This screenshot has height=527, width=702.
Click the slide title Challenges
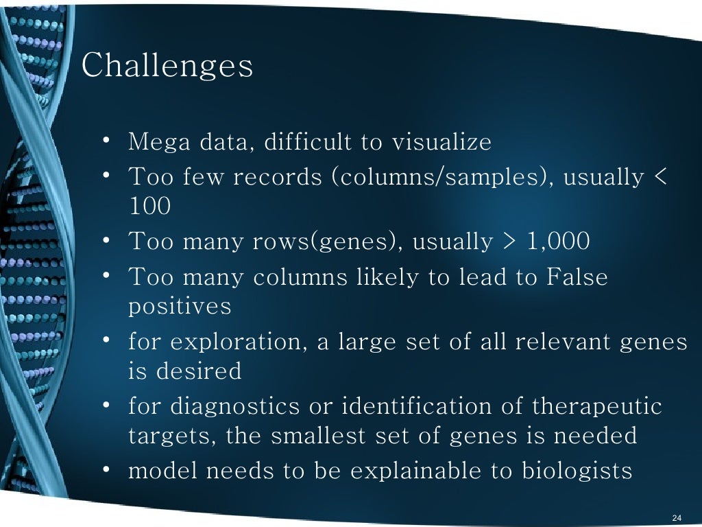pos(167,67)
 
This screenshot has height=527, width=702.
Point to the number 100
pos(149,206)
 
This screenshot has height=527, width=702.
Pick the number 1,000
pos(558,242)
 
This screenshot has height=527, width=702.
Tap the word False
pos(577,277)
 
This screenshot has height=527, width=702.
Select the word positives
pos(180,306)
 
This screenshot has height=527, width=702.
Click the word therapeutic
pos(597,406)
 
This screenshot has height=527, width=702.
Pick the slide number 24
pos(677,517)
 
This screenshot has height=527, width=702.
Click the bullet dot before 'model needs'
pos(108,470)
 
